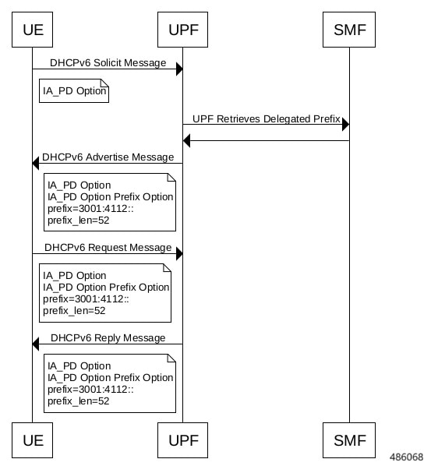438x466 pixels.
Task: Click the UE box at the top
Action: [32, 30]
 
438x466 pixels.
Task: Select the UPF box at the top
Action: [182, 30]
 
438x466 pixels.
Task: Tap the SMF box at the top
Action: [349, 30]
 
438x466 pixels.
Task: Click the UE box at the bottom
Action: [32, 440]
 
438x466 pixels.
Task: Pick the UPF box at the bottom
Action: [182, 440]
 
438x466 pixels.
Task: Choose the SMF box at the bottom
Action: [349, 440]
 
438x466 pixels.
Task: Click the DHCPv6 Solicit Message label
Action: [108, 63]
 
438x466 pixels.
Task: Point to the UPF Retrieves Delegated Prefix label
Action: [267, 119]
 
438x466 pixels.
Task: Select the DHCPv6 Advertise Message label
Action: [108, 157]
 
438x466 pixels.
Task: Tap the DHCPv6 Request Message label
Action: [108, 248]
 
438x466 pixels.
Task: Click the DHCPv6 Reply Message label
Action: [108, 338]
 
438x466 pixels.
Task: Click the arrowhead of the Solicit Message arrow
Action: [179, 69]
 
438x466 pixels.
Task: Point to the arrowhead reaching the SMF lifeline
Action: [345, 124]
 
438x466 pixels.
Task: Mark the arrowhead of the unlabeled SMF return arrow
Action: [186, 140]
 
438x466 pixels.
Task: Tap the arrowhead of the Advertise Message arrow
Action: [35, 163]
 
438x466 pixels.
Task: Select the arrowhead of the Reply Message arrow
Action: [35, 344]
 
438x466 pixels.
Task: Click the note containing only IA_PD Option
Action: [74, 90]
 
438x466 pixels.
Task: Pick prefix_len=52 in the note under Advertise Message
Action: [79, 221]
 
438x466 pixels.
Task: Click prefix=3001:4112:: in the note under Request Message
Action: [87, 299]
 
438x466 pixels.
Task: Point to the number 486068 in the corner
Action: [407, 457]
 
